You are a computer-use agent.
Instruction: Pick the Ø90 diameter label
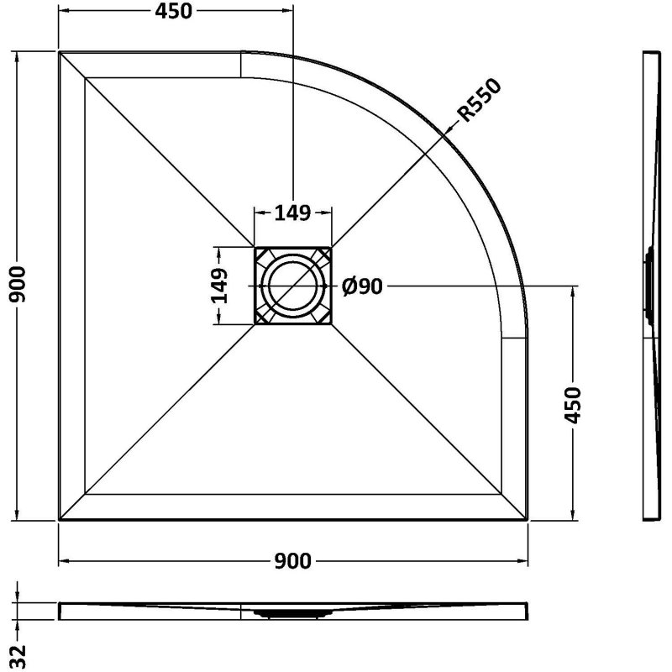click(x=363, y=286)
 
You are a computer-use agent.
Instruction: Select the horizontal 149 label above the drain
click(x=292, y=213)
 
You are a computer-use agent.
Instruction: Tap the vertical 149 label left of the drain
click(x=219, y=286)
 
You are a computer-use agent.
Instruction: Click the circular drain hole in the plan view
click(x=292, y=286)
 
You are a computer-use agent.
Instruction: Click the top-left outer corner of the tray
click(x=60, y=52)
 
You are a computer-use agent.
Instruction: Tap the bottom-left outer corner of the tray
click(x=60, y=520)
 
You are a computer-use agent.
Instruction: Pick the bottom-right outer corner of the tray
click(x=527, y=520)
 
